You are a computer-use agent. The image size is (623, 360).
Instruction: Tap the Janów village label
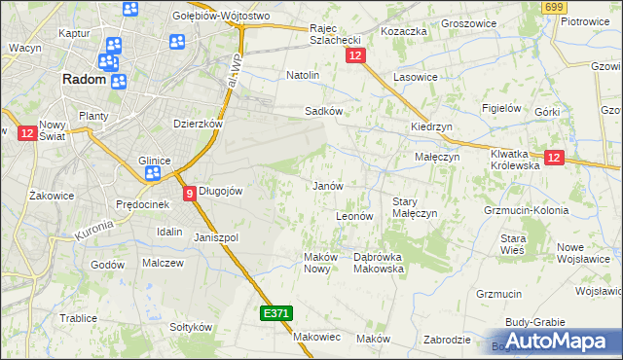click(x=326, y=186)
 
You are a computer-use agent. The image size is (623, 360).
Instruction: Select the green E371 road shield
click(x=275, y=313)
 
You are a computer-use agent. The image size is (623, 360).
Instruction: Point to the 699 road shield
click(x=555, y=8)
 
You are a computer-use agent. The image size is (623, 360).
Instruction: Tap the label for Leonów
click(x=354, y=216)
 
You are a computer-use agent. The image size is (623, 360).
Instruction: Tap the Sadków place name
click(x=324, y=111)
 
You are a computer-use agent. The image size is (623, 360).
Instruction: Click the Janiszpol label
click(x=216, y=237)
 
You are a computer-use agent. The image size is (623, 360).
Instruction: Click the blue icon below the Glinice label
click(x=153, y=174)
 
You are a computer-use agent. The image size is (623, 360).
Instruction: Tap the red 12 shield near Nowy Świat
click(x=26, y=132)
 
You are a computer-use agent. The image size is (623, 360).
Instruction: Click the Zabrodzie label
click(x=448, y=340)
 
